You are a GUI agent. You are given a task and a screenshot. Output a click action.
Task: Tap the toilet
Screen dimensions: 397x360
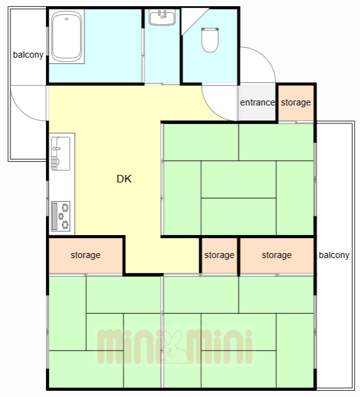pyautogui.click(x=210, y=40)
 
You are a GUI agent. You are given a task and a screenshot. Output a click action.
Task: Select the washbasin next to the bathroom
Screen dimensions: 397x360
pyautogui.click(x=163, y=17)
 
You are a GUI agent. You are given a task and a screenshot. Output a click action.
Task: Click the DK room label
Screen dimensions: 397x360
pyautogui.click(x=124, y=179)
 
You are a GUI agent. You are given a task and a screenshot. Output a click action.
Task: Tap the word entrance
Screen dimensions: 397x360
pyautogui.click(x=257, y=102)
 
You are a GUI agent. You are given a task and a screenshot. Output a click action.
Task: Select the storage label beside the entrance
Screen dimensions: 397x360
pyautogui.click(x=295, y=102)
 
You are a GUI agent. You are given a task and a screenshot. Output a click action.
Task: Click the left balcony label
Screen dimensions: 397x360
pyautogui.click(x=29, y=55)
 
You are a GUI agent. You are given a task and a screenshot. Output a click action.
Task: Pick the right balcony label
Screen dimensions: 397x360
pyautogui.click(x=334, y=255)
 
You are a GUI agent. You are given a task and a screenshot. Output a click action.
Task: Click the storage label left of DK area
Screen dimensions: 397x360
pyautogui.click(x=86, y=255)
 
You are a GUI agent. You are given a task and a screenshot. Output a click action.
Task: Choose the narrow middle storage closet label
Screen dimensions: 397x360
pyautogui.click(x=219, y=255)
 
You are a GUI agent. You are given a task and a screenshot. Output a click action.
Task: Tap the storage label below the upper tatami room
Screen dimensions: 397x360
pyautogui.click(x=276, y=255)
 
